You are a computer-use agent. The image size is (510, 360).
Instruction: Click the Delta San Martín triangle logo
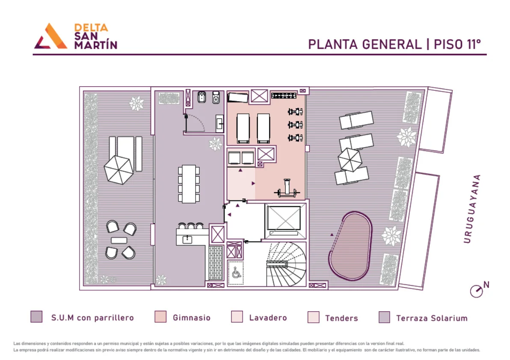coord(51,36)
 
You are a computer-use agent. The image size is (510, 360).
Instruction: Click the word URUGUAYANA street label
coord(472,209)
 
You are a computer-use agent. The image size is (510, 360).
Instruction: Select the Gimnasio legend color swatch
coord(160,317)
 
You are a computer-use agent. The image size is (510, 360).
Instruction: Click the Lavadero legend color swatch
coord(237,317)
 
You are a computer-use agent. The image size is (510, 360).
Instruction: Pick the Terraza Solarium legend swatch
coord(385,317)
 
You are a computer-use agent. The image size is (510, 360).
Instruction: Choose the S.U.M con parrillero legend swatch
coord(36,317)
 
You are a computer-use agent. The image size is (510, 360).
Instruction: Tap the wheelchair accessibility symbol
coord(237,273)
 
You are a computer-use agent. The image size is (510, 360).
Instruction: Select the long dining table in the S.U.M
coord(189,184)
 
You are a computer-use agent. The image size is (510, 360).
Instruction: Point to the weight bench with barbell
coord(287,189)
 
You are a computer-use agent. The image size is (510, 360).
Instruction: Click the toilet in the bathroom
coord(216,97)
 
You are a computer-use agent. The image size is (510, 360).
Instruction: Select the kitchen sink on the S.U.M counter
coord(187,240)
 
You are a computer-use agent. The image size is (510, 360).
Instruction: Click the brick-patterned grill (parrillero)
coord(216,263)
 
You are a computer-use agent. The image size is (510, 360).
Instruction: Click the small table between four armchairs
coord(119,240)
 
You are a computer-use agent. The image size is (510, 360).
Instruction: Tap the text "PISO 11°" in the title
coord(457,44)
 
